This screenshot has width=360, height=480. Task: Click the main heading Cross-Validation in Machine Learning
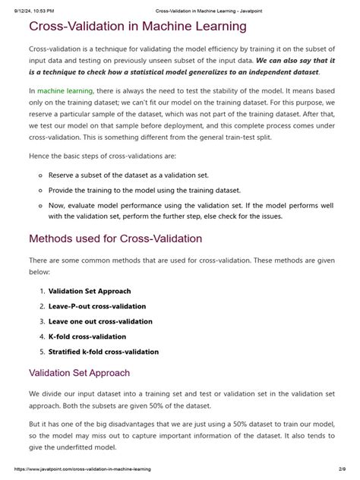pos(137,27)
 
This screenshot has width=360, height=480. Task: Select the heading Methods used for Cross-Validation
pos(115,238)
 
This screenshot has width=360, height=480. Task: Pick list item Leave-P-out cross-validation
pos(97,306)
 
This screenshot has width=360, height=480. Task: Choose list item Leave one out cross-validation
pos(99,321)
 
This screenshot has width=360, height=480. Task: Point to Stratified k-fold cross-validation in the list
pos(103,352)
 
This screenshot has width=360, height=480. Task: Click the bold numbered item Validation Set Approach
pos(90,291)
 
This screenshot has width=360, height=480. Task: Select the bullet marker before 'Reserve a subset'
pos(39,175)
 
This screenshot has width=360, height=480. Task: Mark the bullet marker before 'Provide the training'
pos(39,190)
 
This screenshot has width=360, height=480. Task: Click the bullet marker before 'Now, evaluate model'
pos(39,205)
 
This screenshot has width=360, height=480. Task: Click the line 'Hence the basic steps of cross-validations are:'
pos(102,156)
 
